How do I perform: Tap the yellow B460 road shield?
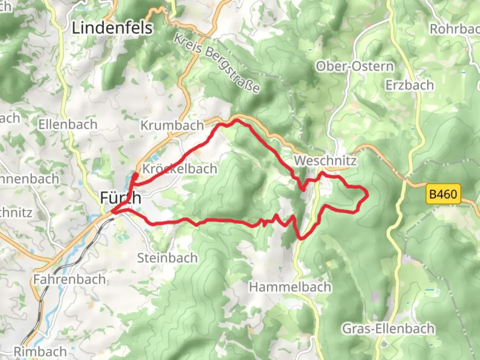tap(443, 194)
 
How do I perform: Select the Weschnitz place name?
tap(325, 161)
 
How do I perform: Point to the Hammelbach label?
tap(290, 287)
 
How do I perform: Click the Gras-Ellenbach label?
tap(388, 329)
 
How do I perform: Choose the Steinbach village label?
tap(167, 258)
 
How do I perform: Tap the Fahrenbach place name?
tap(69, 279)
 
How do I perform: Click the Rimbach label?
tap(40, 351)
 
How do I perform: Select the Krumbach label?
tap(172, 125)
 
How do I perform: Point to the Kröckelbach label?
tap(180, 169)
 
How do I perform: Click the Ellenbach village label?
tap(68, 125)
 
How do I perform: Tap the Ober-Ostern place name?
tap(355, 66)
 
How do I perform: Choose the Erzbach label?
tap(410, 85)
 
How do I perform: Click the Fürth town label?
tap(120, 198)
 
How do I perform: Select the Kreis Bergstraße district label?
tap(217, 63)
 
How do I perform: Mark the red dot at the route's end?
tap(135, 175)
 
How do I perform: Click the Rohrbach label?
tap(455, 29)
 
